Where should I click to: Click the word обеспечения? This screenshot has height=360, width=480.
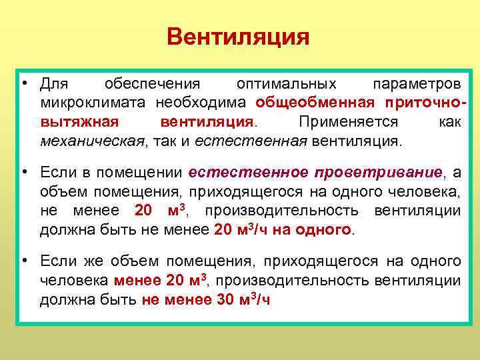pyautogui.click(x=152, y=85)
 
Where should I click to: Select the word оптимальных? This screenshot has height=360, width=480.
pyautogui.click(x=287, y=85)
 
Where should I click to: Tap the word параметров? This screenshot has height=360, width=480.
pyautogui.click(x=416, y=85)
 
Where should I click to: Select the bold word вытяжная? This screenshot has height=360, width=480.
pyautogui.click(x=79, y=123)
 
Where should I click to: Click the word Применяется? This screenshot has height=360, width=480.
pyautogui.click(x=348, y=123)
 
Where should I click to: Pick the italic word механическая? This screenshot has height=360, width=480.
pyautogui.click(x=92, y=141)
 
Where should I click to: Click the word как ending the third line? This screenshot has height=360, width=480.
pyautogui.click(x=449, y=123)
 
